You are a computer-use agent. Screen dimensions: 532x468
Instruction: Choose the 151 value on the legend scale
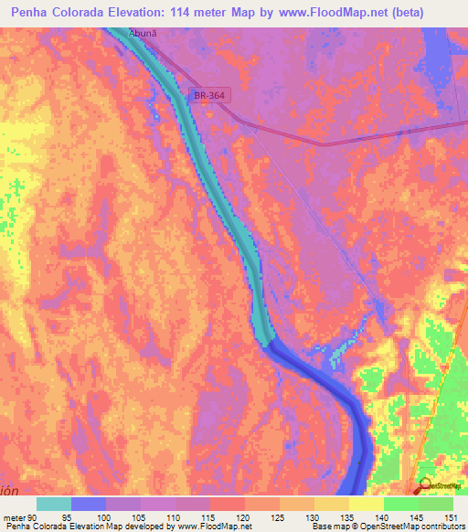(x=448, y=516)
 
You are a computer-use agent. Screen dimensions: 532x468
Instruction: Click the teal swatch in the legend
(x=54, y=504)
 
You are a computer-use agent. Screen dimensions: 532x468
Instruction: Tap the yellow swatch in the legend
(x=366, y=504)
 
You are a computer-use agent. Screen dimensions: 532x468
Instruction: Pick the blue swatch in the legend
(x=89, y=504)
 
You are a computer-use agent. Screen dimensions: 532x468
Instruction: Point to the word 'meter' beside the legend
(x=13, y=516)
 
